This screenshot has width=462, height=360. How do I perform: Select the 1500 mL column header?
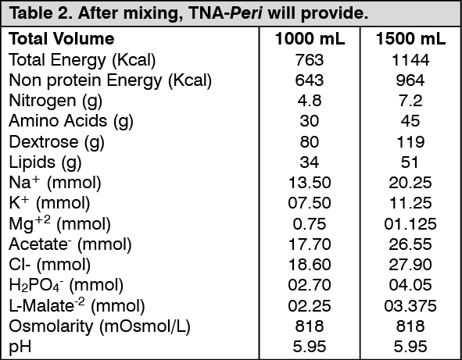410,39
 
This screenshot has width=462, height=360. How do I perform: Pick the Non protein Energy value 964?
410,80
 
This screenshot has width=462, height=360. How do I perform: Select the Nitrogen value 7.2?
410,101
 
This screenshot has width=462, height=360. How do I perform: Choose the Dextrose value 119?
410,141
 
